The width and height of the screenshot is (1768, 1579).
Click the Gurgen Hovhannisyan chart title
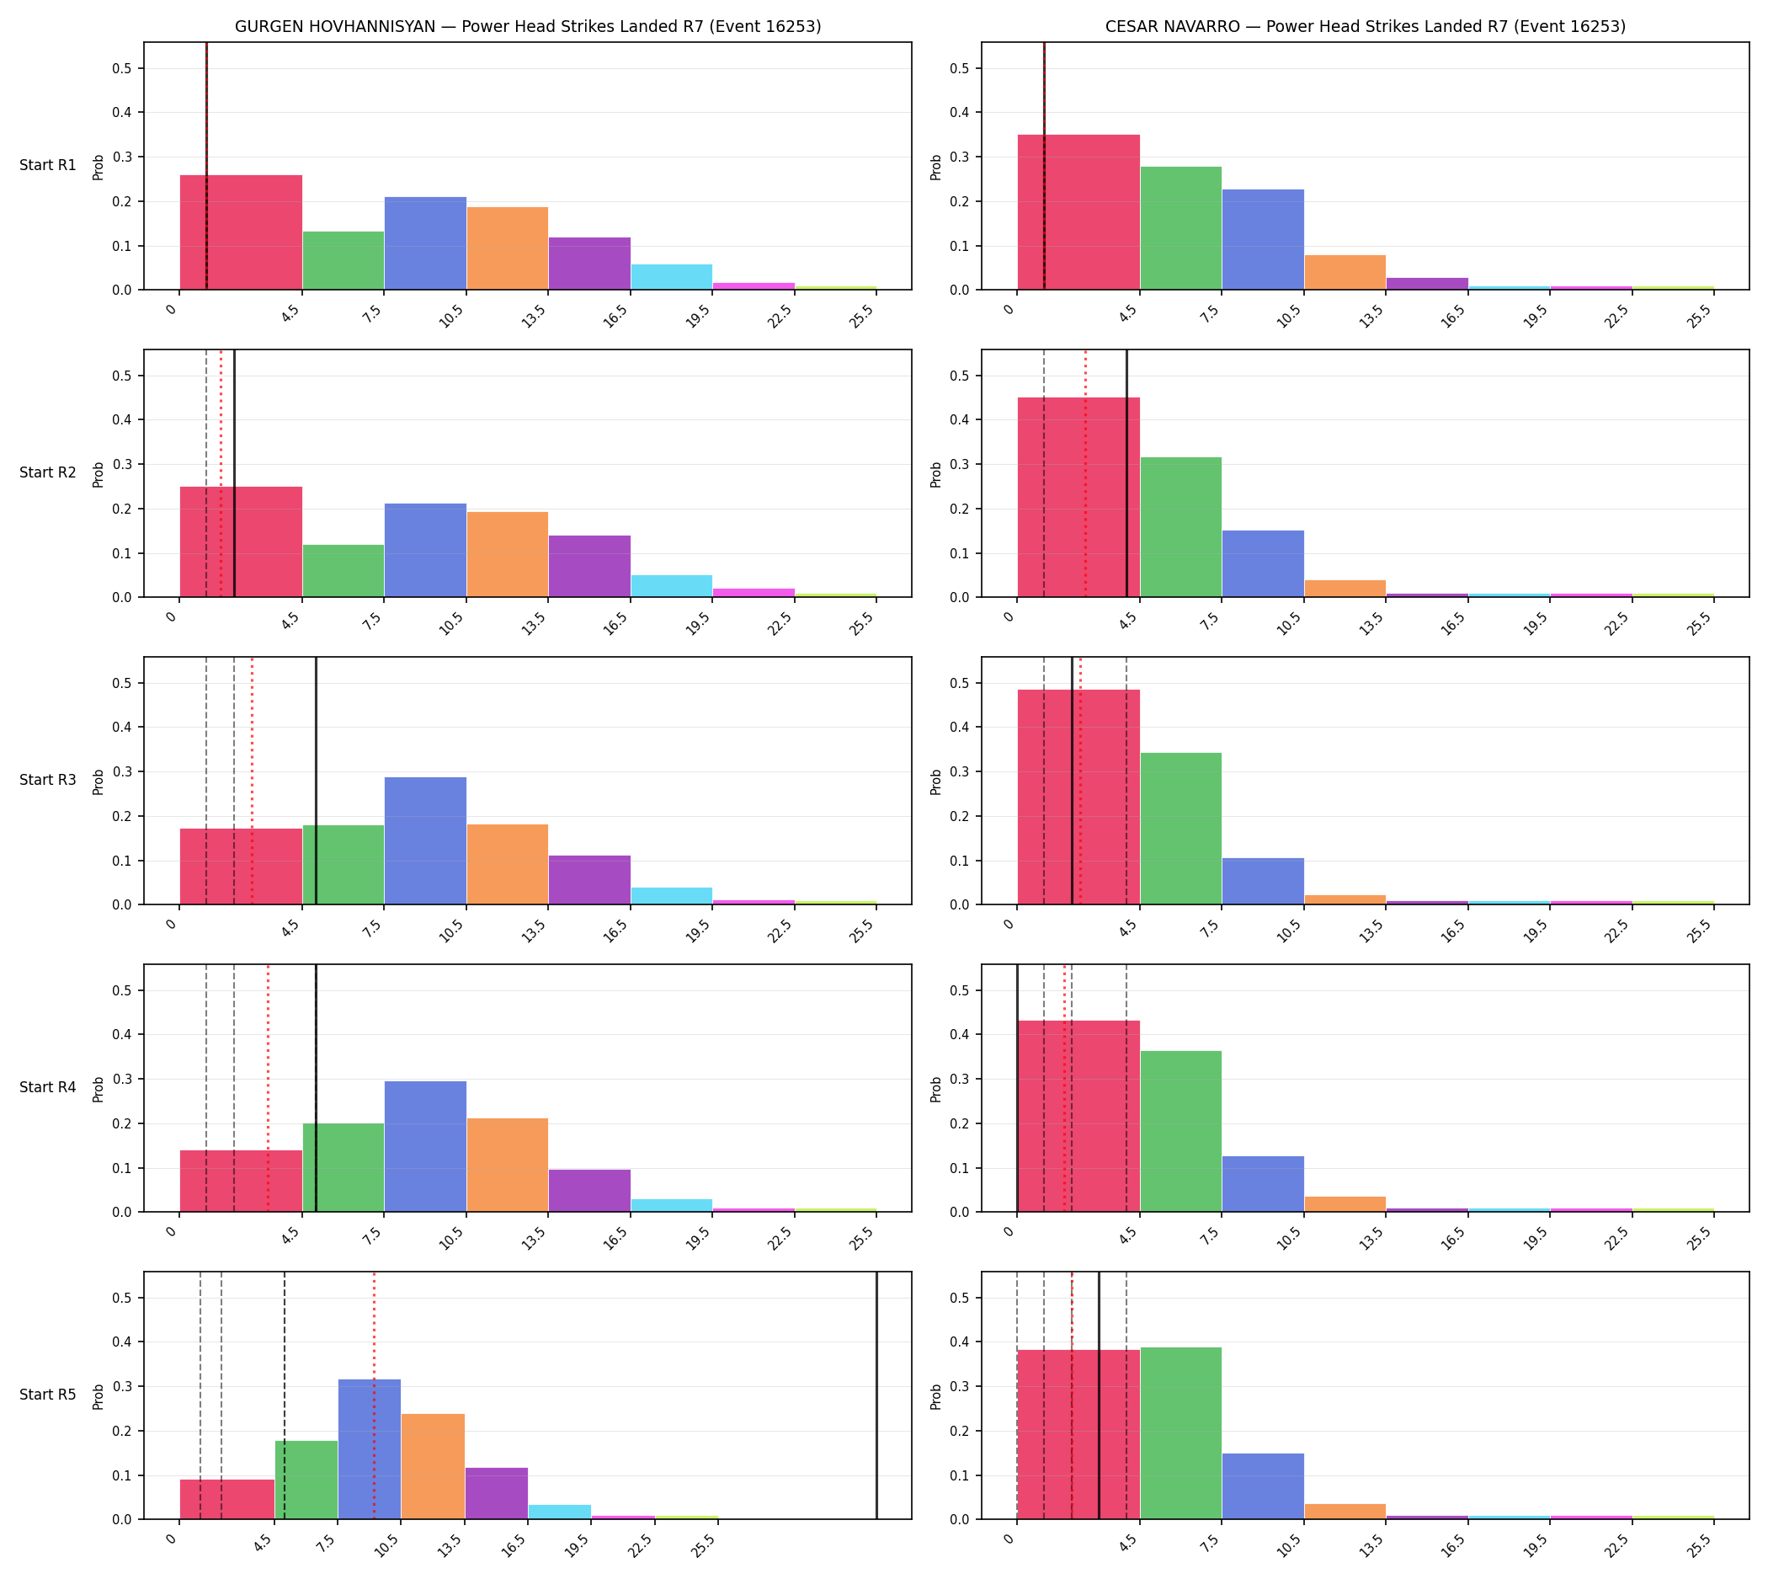coord(527,27)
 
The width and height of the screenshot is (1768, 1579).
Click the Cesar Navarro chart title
coord(1365,27)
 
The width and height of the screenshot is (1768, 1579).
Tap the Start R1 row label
coord(48,165)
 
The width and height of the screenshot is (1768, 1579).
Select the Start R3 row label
coord(48,780)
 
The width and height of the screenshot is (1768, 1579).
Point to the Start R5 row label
coord(48,1395)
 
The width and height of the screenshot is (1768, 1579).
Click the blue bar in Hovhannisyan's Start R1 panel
coord(425,243)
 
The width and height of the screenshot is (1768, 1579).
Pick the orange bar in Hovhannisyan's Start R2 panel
coord(508,554)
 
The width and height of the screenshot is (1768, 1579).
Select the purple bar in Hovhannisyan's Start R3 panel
coord(589,880)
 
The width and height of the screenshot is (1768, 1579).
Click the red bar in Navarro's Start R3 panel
coord(1078,798)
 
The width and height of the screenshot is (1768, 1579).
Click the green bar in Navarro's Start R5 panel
coord(1180,1433)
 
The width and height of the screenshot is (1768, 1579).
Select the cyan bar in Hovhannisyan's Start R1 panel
coord(672,277)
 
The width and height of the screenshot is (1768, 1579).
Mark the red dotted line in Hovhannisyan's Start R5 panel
coord(374,1395)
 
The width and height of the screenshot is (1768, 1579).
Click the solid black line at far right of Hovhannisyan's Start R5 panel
coord(876,1395)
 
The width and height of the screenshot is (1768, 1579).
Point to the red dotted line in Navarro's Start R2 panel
coord(1085,473)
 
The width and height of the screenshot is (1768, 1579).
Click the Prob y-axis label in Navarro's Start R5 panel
coord(936,1396)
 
